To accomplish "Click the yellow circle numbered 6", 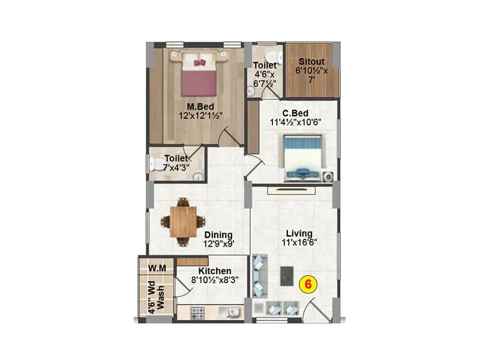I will (308, 285).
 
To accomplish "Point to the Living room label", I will (298, 233).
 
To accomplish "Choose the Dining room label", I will (218, 235).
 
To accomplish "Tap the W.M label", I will (157, 266).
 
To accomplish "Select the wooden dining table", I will (182, 221).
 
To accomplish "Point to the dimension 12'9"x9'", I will (218, 244).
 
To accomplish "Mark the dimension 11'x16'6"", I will (298, 243).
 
